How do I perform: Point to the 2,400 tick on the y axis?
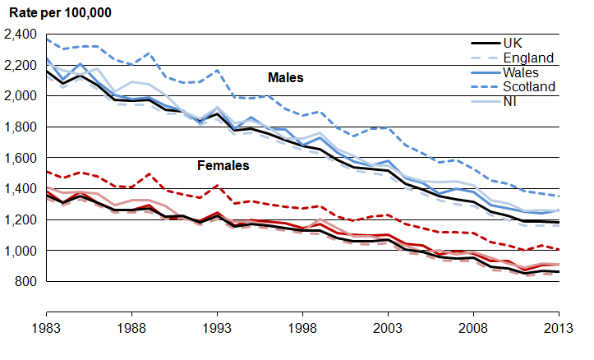[x=21, y=35]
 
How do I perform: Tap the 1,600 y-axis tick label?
[x=21, y=158]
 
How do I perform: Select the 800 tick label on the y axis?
[x=28, y=281]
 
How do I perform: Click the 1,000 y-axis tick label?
[x=21, y=251]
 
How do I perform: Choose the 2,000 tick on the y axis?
[x=21, y=96]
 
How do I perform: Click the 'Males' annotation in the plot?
[x=285, y=78]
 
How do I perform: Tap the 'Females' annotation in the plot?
[x=223, y=166]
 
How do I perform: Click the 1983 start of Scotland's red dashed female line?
[x=46, y=172]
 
